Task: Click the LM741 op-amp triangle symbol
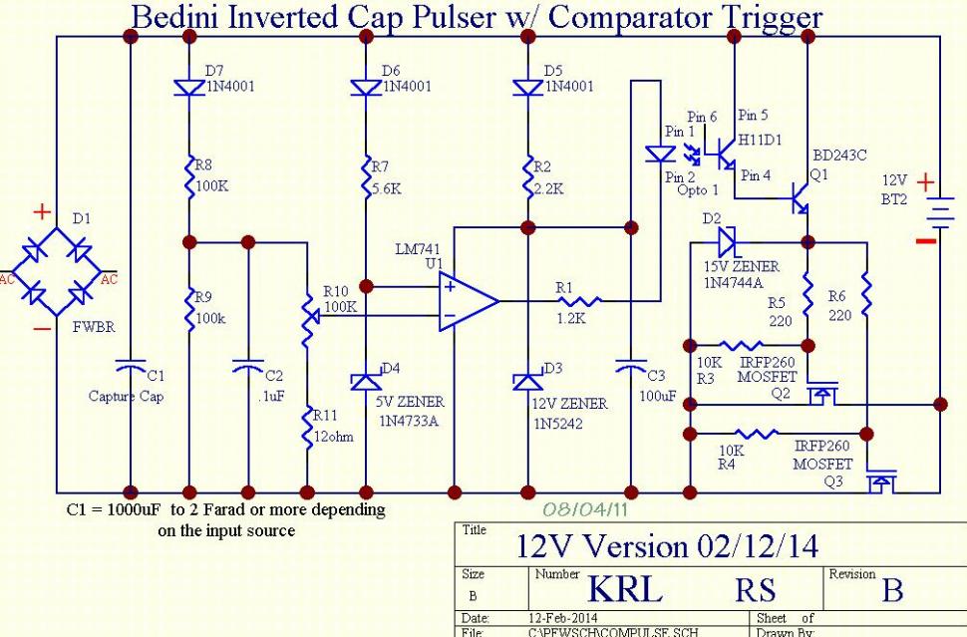469,301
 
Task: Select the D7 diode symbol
189,88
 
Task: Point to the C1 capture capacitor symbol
131,367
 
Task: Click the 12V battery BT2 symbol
940,212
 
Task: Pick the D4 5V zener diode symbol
366,381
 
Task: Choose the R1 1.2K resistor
579,301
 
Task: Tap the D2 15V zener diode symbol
728,241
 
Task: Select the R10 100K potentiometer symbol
308,321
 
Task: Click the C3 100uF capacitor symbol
631,368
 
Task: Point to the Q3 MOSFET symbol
880,479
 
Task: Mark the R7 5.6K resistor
366,177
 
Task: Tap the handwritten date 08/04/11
584,508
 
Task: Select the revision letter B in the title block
892,590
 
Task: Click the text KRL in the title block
625,589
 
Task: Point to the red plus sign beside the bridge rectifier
42,212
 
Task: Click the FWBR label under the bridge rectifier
94,327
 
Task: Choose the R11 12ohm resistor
307,428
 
